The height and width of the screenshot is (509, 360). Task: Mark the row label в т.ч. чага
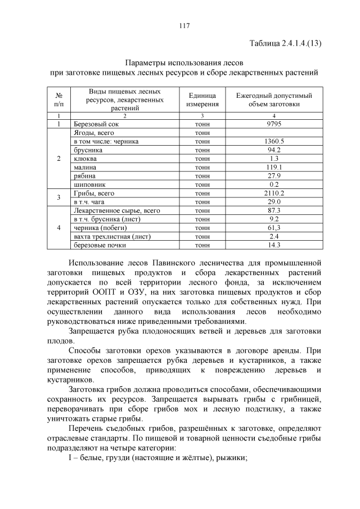90,201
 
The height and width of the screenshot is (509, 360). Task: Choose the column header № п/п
58,100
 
